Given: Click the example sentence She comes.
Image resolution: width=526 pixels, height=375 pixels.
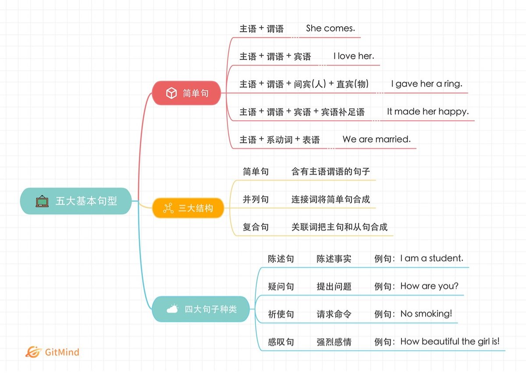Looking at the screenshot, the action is pos(331,29).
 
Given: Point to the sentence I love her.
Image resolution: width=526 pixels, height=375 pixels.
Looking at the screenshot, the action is pos(354,56).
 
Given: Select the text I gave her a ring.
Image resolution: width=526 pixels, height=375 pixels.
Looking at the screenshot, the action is pos(426,84).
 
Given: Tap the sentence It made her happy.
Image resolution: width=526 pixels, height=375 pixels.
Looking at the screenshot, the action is pos(428,112).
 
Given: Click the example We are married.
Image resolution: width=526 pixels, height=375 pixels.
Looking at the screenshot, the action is pos(377,139).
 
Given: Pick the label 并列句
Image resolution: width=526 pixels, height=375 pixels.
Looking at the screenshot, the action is pos(256,200).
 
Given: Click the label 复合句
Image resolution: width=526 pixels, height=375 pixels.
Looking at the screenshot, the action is pos(256,227).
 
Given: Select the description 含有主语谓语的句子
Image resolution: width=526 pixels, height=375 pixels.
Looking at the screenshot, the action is pos(331,171).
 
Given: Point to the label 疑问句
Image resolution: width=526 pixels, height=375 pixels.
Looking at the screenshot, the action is pos(281,287).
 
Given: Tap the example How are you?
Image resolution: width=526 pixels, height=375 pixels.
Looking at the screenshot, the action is pos(429,286).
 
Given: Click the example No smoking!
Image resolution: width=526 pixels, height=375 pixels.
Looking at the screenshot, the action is pos(426,314).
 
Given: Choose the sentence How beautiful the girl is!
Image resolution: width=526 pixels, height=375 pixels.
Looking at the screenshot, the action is pos(450,342).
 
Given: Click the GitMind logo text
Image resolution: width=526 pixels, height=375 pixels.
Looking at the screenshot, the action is pos(62,352).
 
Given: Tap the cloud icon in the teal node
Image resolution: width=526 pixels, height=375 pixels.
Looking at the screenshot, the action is pos(172,309).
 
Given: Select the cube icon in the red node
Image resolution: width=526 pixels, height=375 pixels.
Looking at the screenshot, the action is pos(171,93).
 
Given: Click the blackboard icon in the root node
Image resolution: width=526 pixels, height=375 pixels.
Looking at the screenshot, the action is pos(42,201).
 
